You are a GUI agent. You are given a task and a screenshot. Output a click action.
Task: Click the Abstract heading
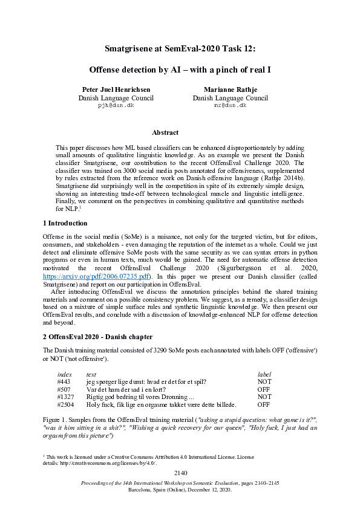(165, 132)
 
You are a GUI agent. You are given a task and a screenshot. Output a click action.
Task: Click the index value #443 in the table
(64, 382)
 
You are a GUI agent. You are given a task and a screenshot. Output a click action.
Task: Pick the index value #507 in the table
(64, 390)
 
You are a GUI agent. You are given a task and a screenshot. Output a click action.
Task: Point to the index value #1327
(65, 397)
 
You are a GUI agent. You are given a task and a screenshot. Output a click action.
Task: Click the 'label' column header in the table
(264, 375)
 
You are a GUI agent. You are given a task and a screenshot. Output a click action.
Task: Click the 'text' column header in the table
(91, 375)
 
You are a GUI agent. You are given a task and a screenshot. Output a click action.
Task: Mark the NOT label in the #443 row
(264, 382)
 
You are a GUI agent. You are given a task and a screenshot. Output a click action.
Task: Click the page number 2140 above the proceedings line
(180, 472)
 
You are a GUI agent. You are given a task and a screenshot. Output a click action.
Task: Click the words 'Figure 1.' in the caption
(56, 418)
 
